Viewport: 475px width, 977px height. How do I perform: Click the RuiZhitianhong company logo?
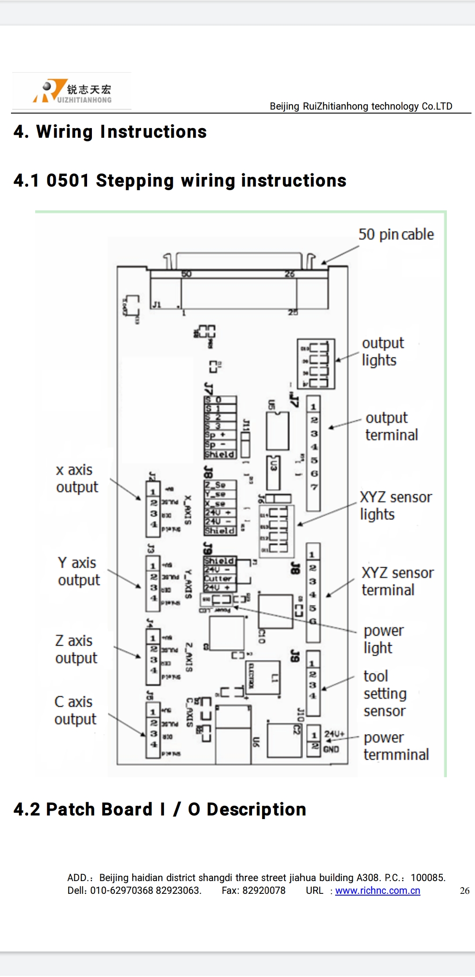[x=72, y=91]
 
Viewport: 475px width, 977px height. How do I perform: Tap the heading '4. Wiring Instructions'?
[x=110, y=132]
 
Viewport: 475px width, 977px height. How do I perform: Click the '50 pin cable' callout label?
[x=396, y=234]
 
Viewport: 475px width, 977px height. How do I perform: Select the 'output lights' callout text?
[x=382, y=351]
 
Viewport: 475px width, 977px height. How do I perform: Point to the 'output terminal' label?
[x=391, y=426]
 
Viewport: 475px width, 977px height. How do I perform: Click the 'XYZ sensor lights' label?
[x=395, y=506]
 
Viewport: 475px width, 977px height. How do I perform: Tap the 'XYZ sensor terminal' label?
[x=397, y=581]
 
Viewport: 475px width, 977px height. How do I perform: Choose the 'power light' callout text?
[x=383, y=639]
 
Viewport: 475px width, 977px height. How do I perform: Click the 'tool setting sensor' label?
[x=384, y=693]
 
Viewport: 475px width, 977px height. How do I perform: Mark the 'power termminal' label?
[x=395, y=746]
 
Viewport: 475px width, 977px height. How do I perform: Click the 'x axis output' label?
[x=77, y=478]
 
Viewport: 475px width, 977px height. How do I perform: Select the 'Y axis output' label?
[x=78, y=571]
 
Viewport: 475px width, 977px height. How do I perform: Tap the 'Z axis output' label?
[x=76, y=649]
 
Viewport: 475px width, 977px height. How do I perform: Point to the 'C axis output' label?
[x=75, y=710]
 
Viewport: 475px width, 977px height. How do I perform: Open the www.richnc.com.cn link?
[x=377, y=890]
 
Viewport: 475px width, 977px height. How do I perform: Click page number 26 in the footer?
[x=464, y=891]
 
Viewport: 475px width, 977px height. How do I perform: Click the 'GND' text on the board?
[x=331, y=749]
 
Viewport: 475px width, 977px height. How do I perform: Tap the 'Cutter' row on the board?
[x=219, y=578]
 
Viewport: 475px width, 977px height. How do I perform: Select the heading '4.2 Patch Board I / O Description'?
[x=160, y=809]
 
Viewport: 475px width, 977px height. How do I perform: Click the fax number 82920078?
[x=263, y=890]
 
